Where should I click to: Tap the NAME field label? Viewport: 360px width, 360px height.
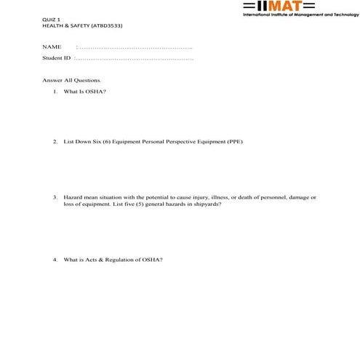[52, 47]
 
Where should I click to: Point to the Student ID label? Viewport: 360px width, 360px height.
[57, 57]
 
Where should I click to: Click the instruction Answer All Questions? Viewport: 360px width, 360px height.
[72, 79]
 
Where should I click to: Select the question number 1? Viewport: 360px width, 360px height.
[55, 91]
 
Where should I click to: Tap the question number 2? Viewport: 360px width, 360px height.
[55, 142]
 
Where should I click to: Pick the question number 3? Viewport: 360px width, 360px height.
[55, 197]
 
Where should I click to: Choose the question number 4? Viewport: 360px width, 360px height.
[55, 260]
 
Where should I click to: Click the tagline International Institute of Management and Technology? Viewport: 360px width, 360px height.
[300, 15]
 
